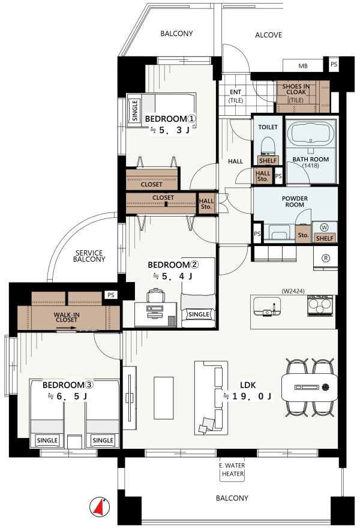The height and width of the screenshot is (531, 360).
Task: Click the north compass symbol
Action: pyautogui.click(x=100, y=507)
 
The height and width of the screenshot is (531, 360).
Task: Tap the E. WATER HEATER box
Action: pyautogui.click(x=232, y=470)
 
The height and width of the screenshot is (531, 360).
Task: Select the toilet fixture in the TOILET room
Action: pyautogui.click(x=268, y=146)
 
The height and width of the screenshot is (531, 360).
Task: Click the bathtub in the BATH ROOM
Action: pyautogui.click(x=311, y=133)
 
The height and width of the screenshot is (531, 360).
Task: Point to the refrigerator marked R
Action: pyautogui.click(x=325, y=258)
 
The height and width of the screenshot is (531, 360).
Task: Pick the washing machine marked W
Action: pyautogui.click(x=324, y=227)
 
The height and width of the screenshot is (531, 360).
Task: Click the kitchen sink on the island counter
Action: pyautogui.click(x=267, y=306)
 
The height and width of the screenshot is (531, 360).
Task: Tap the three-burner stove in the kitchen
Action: pyautogui.click(x=320, y=306)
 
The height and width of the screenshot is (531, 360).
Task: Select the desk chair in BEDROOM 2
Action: pyautogui.click(x=156, y=295)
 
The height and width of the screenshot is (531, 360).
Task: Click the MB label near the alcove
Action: pyautogui.click(x=303, y=66)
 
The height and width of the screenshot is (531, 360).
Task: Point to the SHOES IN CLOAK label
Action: pyautogui.click(x=296, y=89)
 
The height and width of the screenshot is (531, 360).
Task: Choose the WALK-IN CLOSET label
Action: pyautogui.click(x=67, y=317)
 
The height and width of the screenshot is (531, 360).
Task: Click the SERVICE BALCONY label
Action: pyautogui.click(x=89, y=256)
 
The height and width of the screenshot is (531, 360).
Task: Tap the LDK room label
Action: pyautogui.click(x=248, y=385)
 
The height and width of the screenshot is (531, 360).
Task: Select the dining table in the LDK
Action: pyautogui.click(x=310, y=388)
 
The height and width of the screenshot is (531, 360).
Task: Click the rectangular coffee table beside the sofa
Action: pyautogui.click(x=164, y=398)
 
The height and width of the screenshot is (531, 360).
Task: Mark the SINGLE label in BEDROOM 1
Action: pyautogui.click(x=135, y=110)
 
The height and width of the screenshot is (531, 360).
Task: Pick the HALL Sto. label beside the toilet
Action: pyautogui.click(x=263, y=176)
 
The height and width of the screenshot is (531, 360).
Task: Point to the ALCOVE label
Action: pyautogui.click(x=269, y=35)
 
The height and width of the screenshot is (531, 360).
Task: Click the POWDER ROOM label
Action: pyautogui.click(x=295, y=202)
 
